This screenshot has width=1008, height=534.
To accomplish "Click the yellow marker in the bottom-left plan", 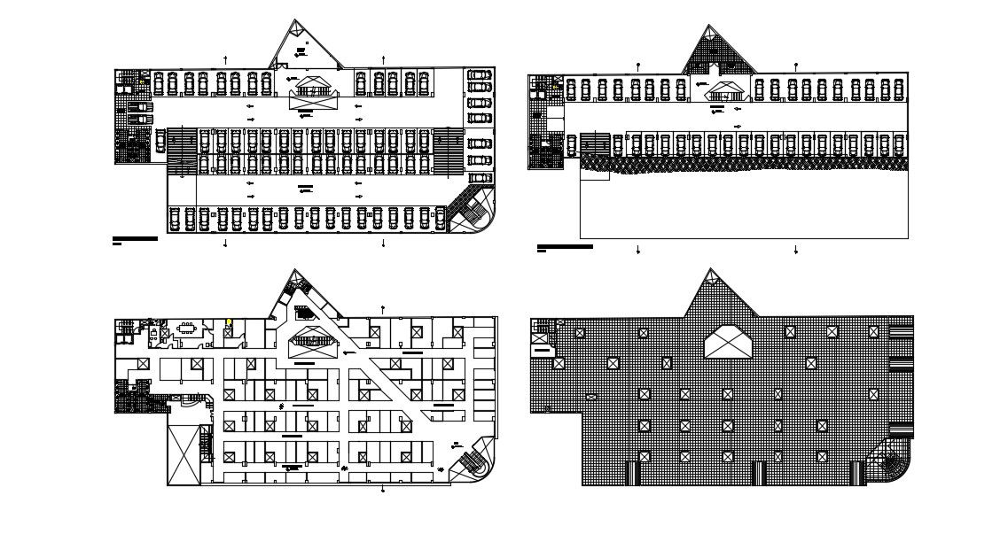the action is click(229, 322).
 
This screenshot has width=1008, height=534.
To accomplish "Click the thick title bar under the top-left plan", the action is click(135, 238).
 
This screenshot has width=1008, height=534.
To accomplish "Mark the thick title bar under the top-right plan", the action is click(565, 246).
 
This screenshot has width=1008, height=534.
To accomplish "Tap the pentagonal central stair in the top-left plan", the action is click(311, 86).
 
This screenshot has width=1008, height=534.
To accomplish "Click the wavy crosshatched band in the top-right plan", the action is click(745, 164).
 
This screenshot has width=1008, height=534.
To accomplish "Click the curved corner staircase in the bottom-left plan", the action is click(473, 460).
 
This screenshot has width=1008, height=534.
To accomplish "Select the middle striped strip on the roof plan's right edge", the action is click(901, 364).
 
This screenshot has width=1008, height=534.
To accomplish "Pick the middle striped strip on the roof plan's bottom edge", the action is click(759, 473).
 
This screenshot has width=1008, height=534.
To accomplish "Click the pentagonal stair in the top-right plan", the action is click(726, 90).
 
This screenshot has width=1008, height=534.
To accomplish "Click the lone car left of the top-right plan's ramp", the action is click(571, 144).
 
